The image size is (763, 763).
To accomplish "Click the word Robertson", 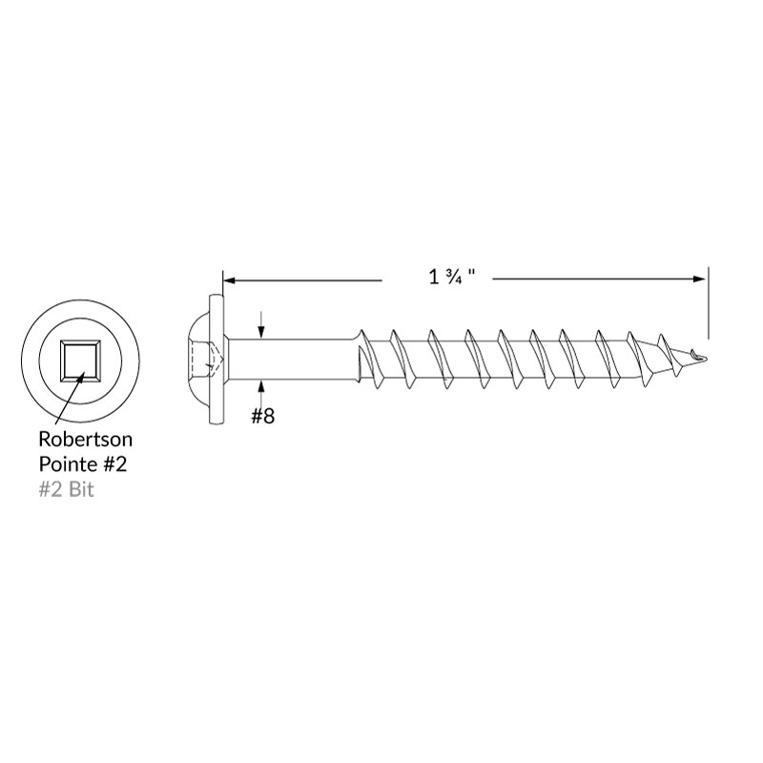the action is point(85,439).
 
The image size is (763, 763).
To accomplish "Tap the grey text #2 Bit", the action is point(66,489).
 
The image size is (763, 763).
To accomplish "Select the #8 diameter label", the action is point(263,416).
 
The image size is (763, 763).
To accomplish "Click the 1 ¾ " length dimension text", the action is point(451,277).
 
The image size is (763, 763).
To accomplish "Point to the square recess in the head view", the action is point(80,361).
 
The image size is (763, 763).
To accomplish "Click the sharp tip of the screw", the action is point(706,361).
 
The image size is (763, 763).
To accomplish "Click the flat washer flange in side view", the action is point(217,360).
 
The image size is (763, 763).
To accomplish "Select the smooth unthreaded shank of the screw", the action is point(292,361).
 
